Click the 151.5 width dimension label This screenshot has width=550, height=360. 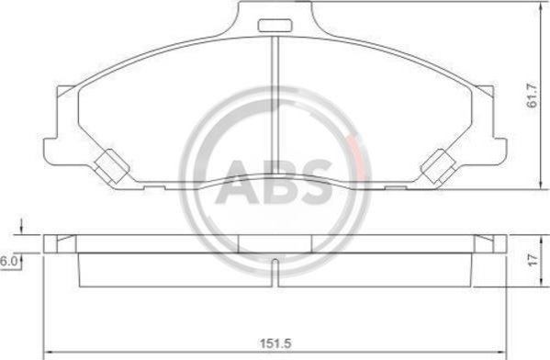[x=275, y=343]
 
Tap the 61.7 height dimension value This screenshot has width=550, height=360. [x=533, y=96]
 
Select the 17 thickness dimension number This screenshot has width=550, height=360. [x=533, y=260]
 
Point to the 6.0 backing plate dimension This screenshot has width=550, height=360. [x=7, y=262]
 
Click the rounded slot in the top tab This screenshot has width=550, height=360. [x=275, y=26]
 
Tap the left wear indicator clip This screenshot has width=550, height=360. [x=112, y=166]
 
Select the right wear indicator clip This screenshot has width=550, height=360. [x=439, y=166]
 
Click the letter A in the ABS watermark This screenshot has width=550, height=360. [x=239, y=182]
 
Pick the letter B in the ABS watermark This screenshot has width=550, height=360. [x=281, y=182]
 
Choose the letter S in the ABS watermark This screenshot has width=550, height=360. [x=316, y=182]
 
